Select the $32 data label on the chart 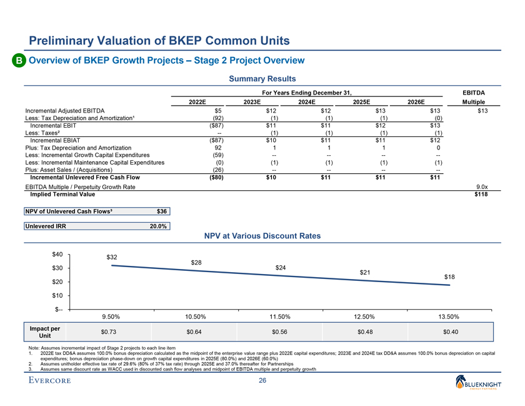[113, 257]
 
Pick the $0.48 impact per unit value [365, 332]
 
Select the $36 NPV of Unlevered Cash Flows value [162, 211]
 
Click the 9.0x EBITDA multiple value [481, 186]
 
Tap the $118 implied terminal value [480, 195]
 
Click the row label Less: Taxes [41, 133]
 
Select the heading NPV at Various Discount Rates [262, 236]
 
